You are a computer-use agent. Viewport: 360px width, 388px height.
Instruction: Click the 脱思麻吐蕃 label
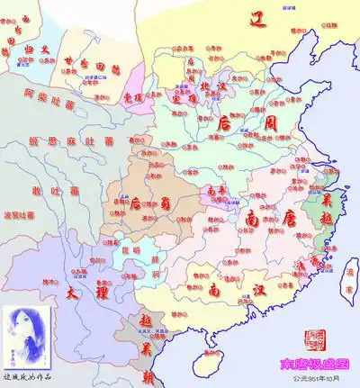pyautogui.click(x=59, y=142)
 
